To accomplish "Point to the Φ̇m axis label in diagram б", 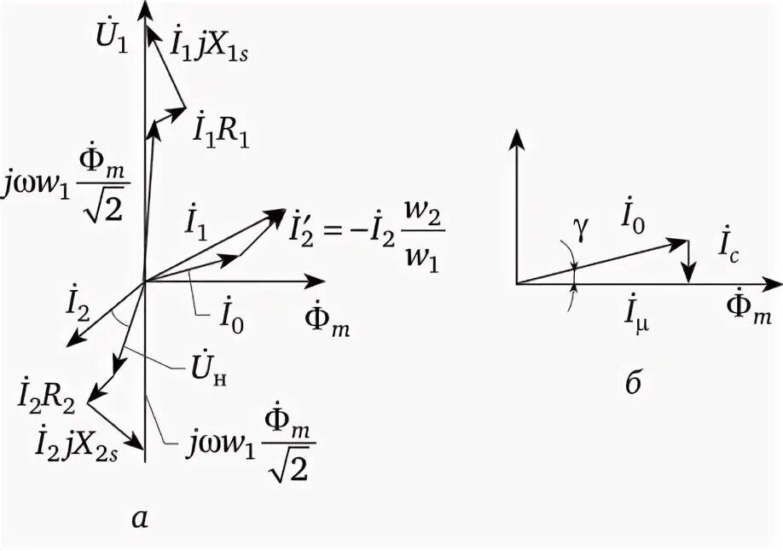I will click(x=751, y=312).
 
